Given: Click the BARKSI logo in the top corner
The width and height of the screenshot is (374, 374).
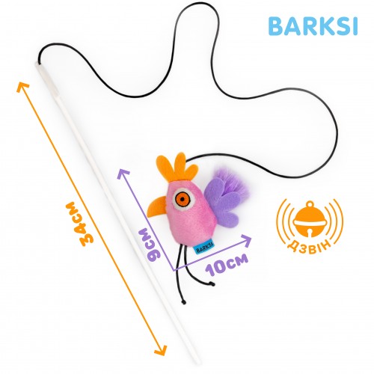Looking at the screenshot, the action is pos(313,26).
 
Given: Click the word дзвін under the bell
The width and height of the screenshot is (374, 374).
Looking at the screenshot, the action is pos(310,246).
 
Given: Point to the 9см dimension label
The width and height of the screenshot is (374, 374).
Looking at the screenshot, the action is pos(150,245).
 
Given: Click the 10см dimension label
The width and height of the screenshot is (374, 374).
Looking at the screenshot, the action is pos(227,265).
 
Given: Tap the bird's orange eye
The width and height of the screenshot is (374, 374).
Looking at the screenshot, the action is pos(183,199).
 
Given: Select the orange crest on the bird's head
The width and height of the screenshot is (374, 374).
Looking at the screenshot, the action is pos(177,167).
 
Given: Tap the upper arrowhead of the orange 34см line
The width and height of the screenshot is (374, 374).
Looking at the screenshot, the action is pos(22,87).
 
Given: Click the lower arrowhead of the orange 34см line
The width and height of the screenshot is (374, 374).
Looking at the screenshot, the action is pos(162,350).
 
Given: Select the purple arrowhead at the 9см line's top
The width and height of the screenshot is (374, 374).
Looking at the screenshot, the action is pos(123,174).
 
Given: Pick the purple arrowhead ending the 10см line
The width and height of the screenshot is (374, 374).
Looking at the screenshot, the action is pos(246,240).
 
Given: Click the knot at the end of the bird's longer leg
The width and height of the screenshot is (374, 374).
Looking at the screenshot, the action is pos(184,302).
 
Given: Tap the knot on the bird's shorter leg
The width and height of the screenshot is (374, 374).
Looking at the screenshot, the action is pos(212,283).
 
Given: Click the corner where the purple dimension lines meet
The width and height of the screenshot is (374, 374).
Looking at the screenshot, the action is pos(174,270).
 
